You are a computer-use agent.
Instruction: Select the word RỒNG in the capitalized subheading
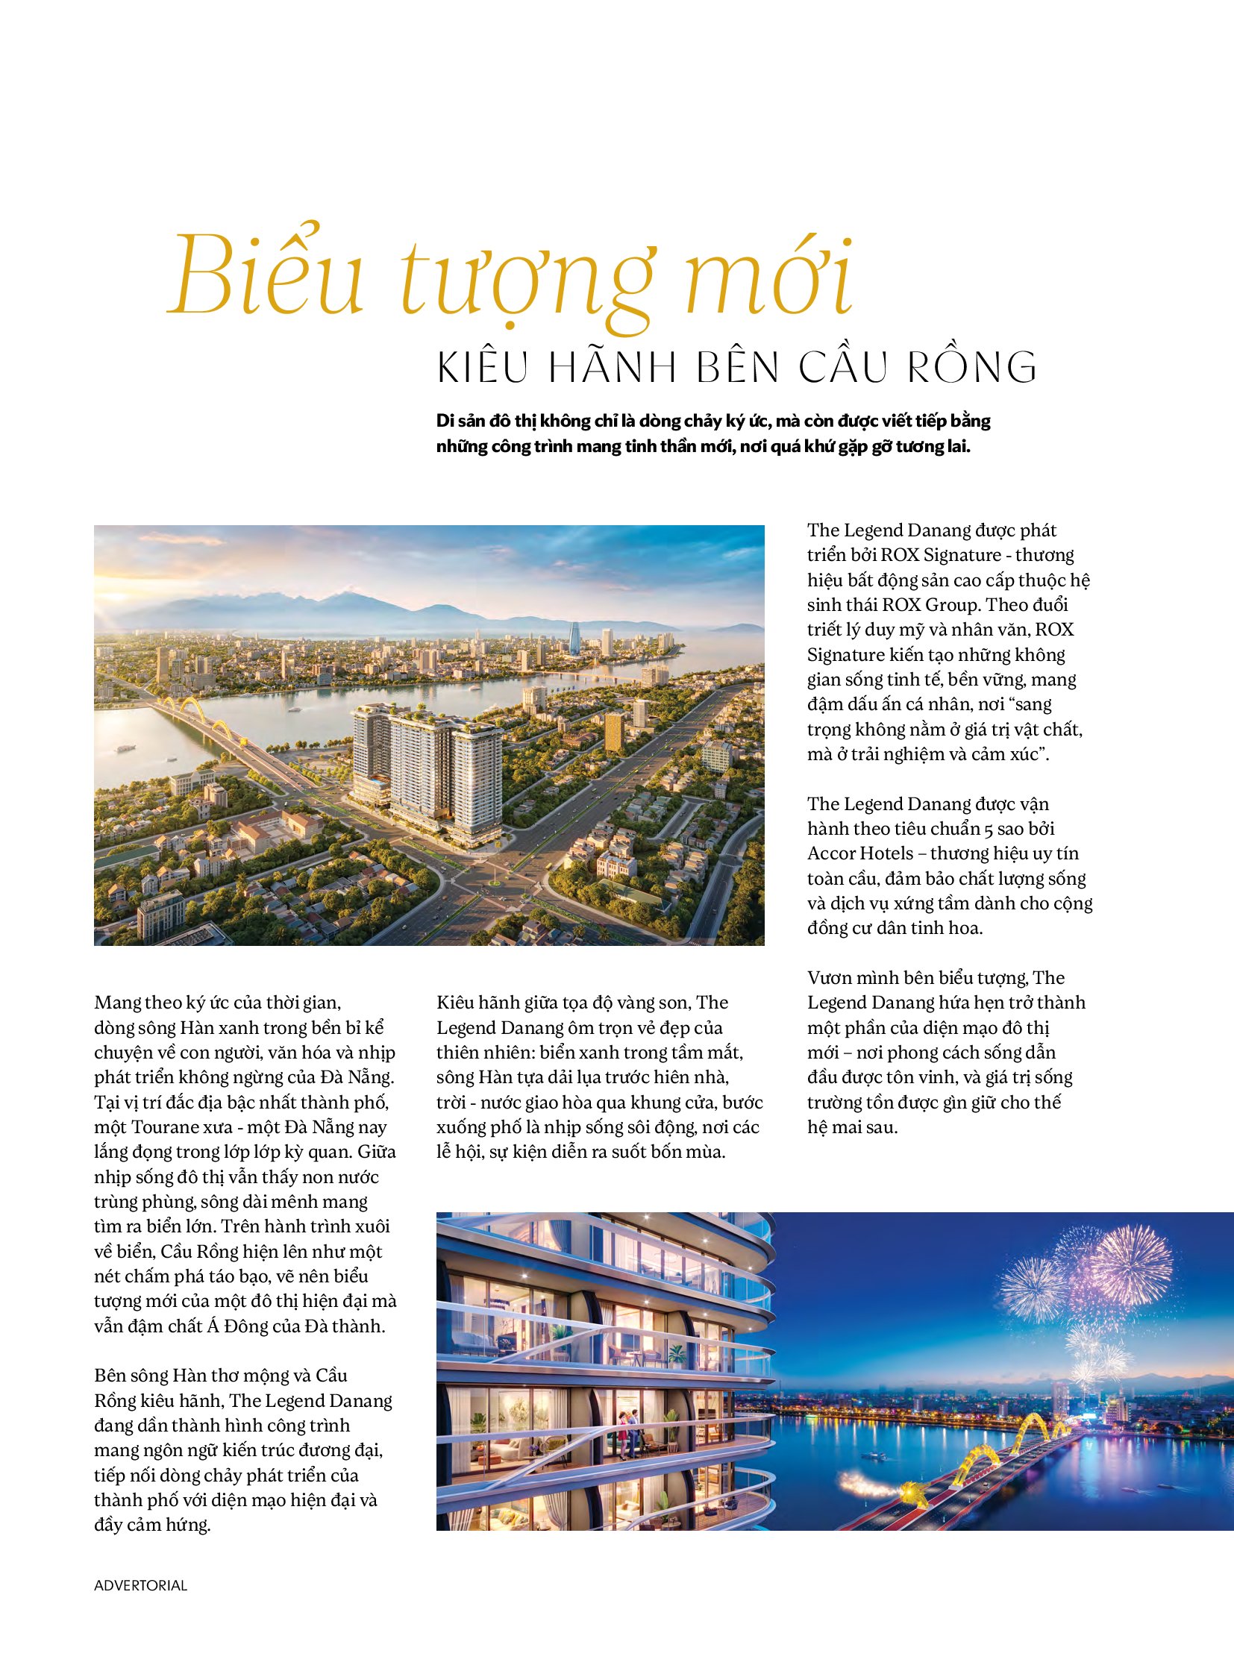pos(971,367)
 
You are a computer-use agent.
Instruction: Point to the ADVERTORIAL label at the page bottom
pos(140,1585)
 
